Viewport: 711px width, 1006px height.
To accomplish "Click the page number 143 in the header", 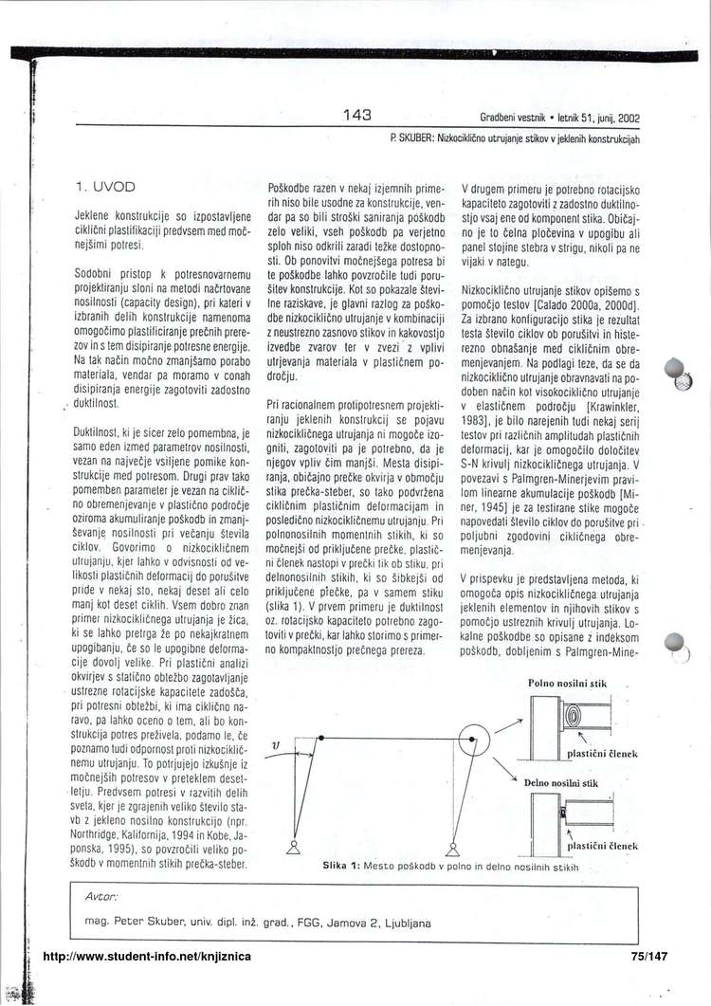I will coord(356,116).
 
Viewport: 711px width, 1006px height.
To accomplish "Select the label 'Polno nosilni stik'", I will coord(568,683).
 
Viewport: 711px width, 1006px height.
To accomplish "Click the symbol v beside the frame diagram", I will coord(276,746).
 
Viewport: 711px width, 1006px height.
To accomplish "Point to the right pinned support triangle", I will coord(452,848).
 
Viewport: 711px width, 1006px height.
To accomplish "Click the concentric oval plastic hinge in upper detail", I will coord(579,716).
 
